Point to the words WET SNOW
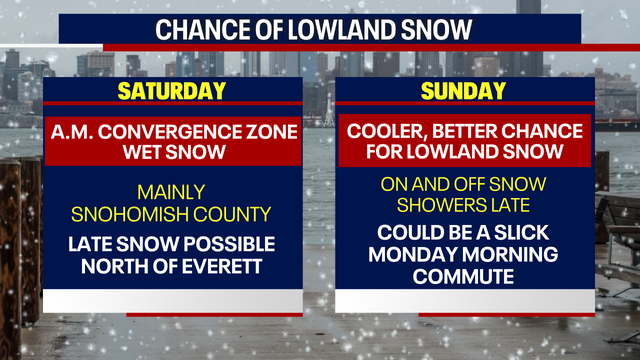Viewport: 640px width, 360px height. click(172, 152)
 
